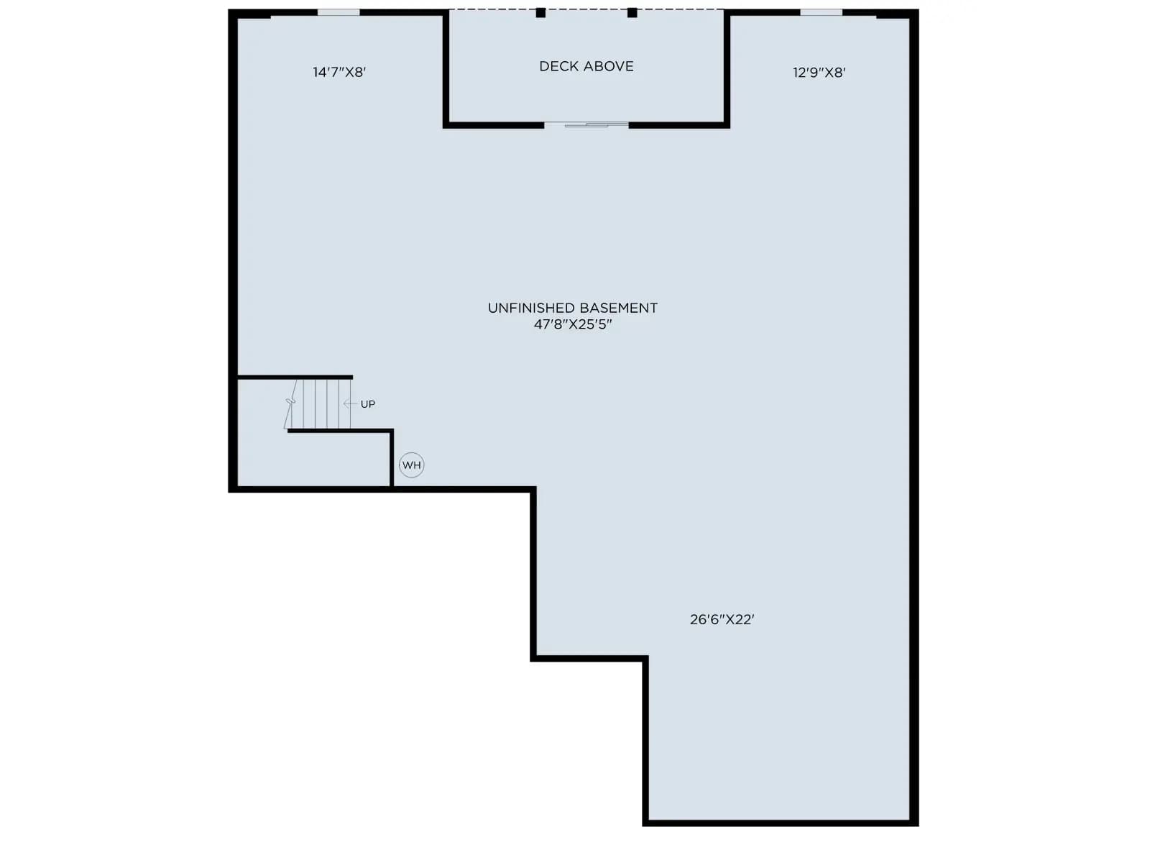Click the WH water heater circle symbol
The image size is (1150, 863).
[411, 465]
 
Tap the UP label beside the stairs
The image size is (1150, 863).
[368, 404]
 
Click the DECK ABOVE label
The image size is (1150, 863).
[586, 66]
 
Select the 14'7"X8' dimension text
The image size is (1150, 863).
[339, 73]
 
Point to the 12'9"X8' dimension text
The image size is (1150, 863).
[819, 73]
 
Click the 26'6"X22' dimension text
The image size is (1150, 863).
[722, 619]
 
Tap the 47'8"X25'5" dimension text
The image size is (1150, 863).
[573, 324]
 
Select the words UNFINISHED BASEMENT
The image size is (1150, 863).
[573, 308]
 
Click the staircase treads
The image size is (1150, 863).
[321, 403]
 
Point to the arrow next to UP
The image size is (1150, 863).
[350, 404]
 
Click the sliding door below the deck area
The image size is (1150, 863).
[586, 124]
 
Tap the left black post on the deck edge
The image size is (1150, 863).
[540, 12]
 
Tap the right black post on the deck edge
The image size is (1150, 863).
[632, 12]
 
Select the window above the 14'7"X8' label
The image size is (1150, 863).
[339, 12]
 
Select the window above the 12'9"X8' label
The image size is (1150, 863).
[821, 12]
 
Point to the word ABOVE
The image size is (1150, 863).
[609, 66]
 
